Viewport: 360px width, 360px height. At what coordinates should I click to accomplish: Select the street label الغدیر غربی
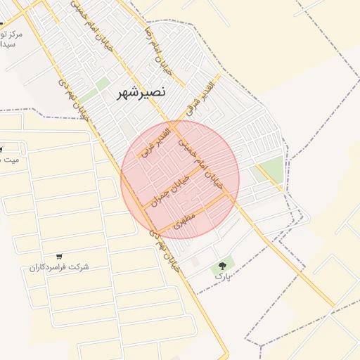[155, 141]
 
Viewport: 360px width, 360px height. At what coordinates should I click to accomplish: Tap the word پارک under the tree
[222, 277]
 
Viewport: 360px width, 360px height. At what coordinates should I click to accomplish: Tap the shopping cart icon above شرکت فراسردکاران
[58, 256]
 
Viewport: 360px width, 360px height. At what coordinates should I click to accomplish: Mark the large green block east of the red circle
[270, 169]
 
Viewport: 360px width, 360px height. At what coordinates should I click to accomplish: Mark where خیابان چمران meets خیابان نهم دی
[144, 206]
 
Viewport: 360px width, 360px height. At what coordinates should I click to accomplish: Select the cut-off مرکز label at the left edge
[11, 34]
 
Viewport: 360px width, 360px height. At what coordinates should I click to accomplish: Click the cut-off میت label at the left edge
[10, 160]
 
